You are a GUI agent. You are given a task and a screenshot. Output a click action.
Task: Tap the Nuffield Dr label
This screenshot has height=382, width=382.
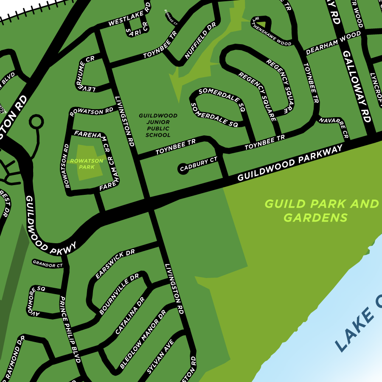click(200, 41)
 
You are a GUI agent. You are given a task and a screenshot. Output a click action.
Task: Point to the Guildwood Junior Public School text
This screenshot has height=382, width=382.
click(158, 125)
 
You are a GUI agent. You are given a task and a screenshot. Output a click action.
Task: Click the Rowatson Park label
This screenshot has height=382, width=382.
click(87, 164)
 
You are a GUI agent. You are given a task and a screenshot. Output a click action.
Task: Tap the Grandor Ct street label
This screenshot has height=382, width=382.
click(48, 264)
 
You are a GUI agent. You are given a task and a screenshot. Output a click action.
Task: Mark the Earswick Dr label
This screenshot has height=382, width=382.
click(115, 264)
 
